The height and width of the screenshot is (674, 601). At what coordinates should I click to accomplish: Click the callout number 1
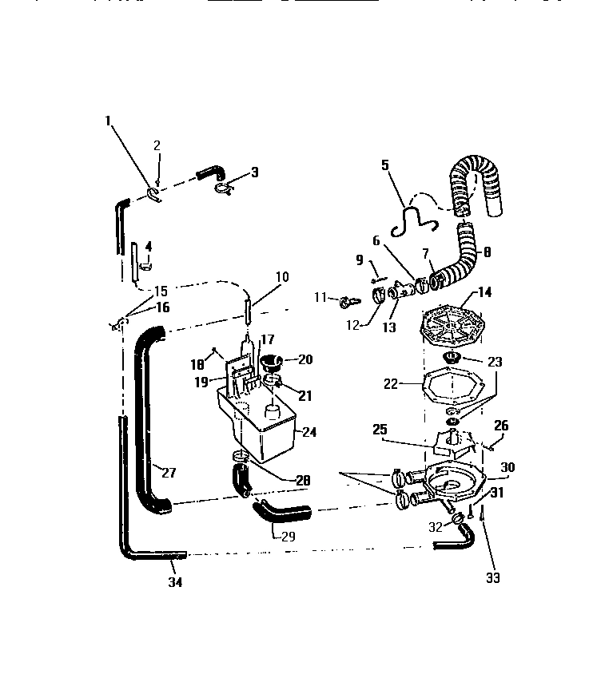coord(107,121)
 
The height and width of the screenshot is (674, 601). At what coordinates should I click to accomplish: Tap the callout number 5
coord(384,166)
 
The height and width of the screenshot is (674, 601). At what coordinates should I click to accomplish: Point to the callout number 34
coord(174,582)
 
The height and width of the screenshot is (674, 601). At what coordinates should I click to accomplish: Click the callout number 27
coord(168,471)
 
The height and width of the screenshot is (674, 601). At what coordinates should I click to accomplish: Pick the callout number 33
coord(493,577)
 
